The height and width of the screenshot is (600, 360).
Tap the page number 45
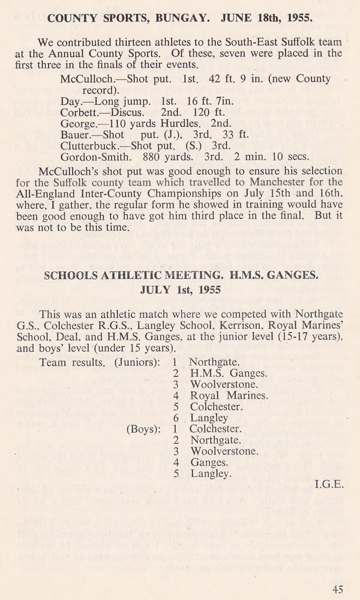click(338, 589)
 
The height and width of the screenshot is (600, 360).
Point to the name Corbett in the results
click(80, 112)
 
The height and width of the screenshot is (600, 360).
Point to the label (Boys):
click(142, 429)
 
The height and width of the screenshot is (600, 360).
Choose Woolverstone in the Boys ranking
click(224, 451)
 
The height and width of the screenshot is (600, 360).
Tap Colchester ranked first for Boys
click(215, 429)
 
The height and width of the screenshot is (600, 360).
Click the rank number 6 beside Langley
click(175, 418)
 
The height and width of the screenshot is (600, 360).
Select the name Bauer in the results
click(75, 134)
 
